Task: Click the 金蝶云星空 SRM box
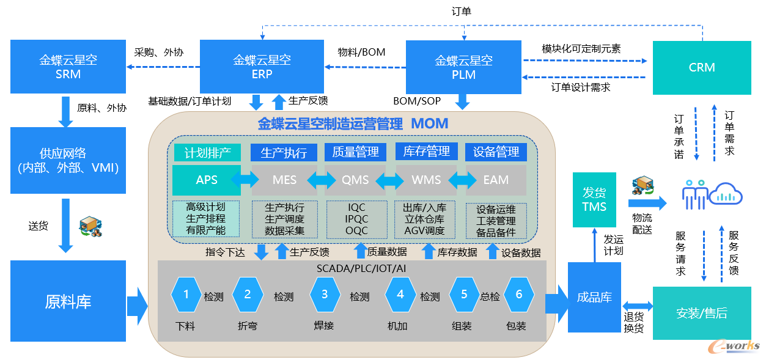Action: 68,67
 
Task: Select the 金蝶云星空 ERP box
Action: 262,67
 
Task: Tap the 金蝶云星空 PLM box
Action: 463,67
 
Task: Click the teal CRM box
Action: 702,68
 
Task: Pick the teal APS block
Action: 207,180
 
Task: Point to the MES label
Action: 284,180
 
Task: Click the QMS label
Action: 356,180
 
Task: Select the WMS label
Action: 426,180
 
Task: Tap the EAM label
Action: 496,180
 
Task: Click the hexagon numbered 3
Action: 325,295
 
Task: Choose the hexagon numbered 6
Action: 519,295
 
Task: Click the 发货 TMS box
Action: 594,200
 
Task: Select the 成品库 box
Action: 594,298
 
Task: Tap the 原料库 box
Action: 68,301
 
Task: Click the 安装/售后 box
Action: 702,313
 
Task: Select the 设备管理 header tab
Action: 496,152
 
